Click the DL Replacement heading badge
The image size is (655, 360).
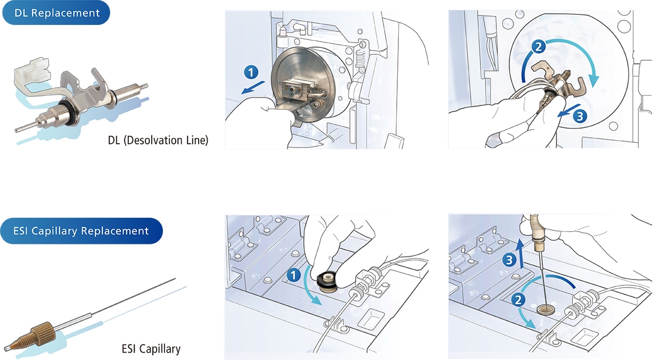tap(57, 13)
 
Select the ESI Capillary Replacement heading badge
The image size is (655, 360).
tap(81, 231)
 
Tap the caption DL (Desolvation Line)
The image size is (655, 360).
tap(158, 141)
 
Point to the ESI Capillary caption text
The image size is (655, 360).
tap(151, 349)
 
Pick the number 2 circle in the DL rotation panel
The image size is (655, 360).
tap(539, 47)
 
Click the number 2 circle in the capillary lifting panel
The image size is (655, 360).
tap(517, 300)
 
